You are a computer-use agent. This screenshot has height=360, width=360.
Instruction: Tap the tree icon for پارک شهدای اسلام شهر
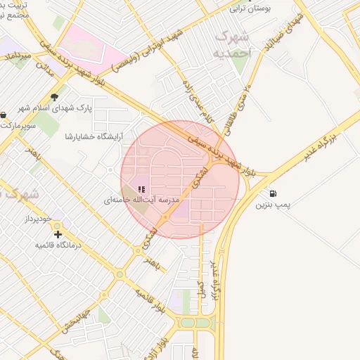(54, 98)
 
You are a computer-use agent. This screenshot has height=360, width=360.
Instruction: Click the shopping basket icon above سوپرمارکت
(4, 114)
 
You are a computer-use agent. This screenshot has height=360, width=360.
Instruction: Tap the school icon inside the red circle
(141, 189)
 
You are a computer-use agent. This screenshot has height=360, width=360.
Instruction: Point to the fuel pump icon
(272, 193)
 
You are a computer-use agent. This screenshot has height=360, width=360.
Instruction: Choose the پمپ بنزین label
(273, 205)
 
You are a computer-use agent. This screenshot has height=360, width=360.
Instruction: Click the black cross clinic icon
(58, 234)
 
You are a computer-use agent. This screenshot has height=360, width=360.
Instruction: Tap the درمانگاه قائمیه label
(59, 245)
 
